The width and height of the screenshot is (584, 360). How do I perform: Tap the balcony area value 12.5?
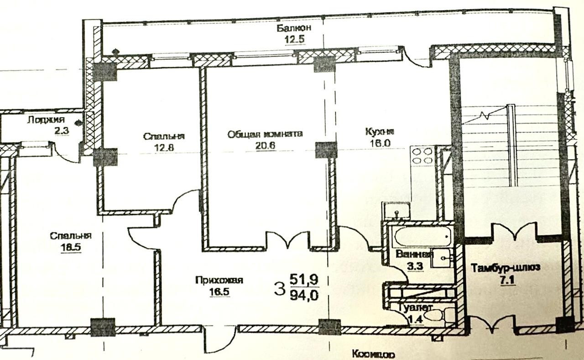(x=294, y=39)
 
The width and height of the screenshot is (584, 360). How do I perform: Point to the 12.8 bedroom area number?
(x=164, y=147)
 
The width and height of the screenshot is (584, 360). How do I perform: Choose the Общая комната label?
(x=265, y=134)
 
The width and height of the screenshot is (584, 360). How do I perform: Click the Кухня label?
(x=380, y=132)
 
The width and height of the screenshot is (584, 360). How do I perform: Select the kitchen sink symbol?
(x=395, y=211)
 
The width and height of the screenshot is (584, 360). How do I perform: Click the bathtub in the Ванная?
(x=422, y=236)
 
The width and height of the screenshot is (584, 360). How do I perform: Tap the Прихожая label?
(x=213, y=281)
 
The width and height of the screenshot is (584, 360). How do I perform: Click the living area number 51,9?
(x=303, y=278)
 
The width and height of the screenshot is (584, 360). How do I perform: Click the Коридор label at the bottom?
(x=373, y=355)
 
